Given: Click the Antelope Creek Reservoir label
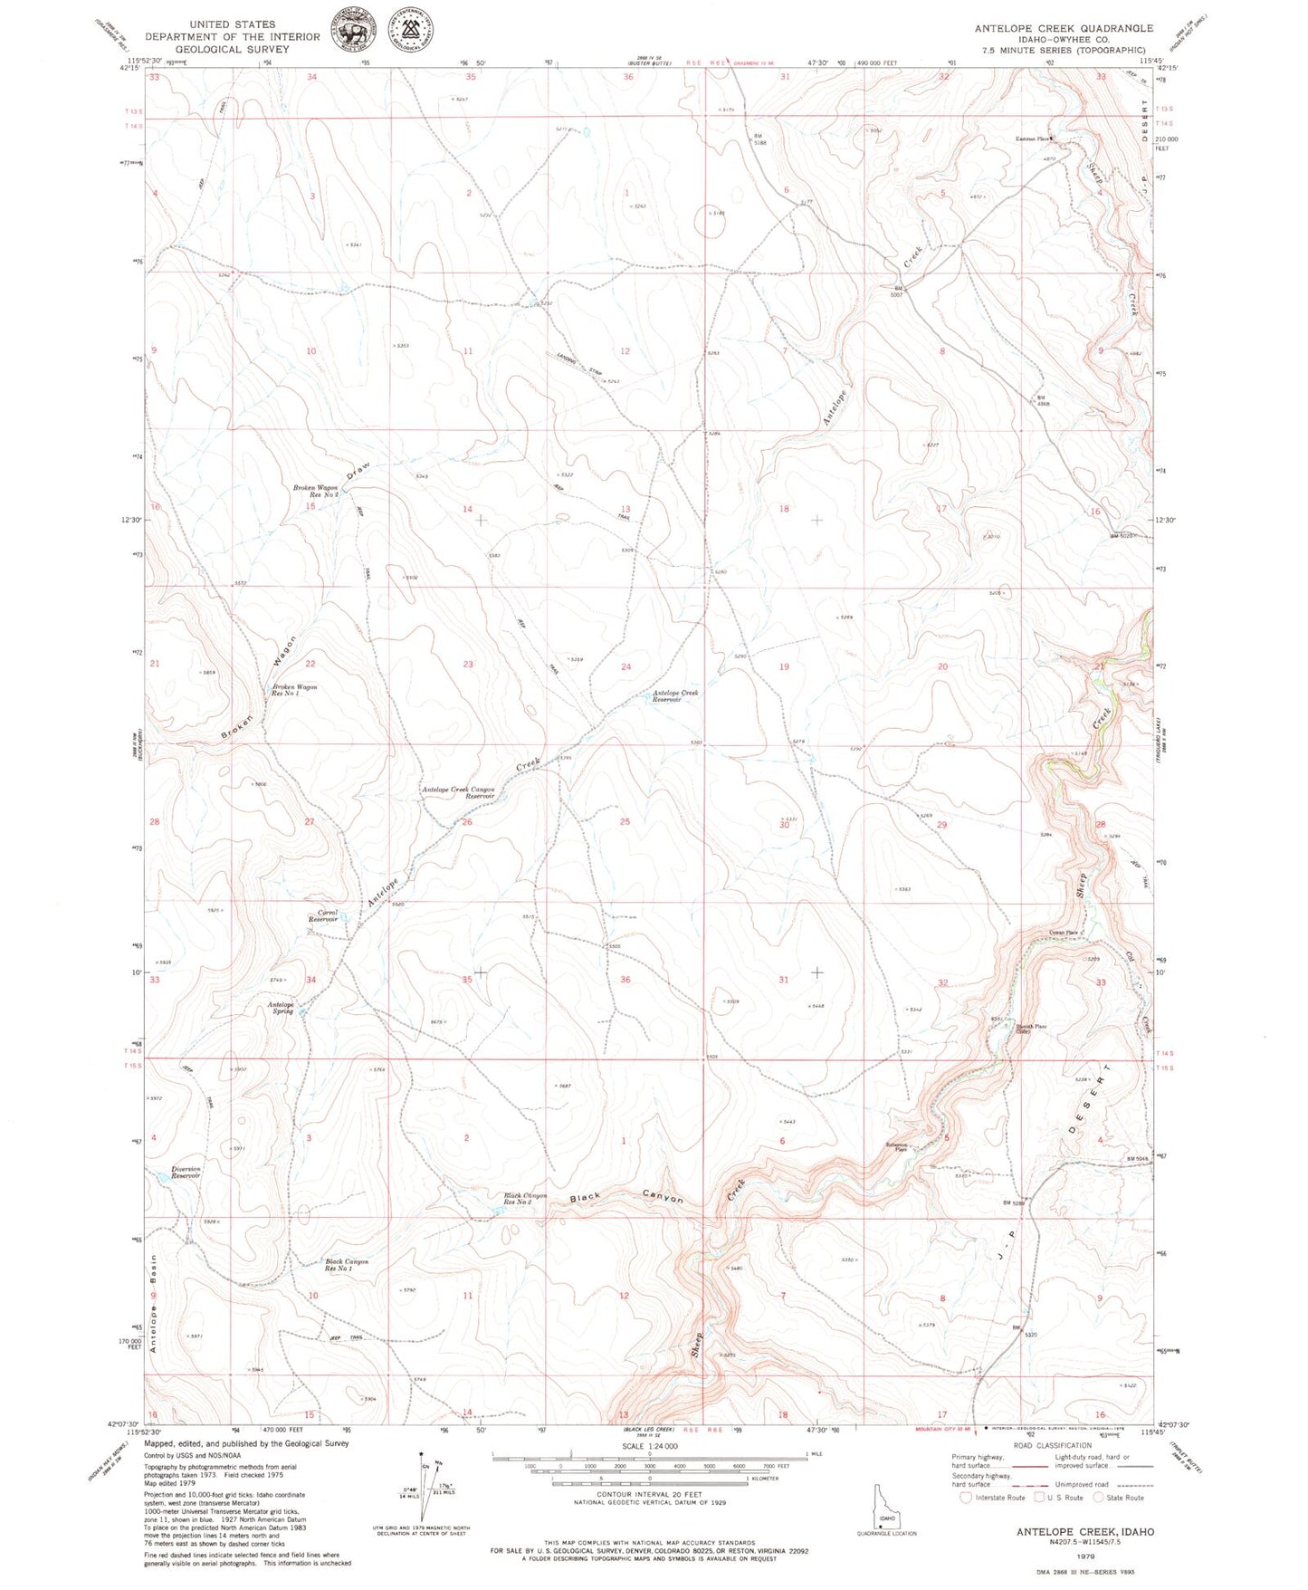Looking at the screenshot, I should [675, 696].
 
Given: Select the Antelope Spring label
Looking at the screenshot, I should [281, 1007].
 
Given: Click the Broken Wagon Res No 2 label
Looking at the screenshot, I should [315, 491].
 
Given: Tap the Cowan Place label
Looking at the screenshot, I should [1064, 933].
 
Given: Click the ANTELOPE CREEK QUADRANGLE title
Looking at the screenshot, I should [1064, 28].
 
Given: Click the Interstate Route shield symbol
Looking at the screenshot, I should [966, 1498].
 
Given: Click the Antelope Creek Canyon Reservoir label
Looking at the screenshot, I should [458, 792].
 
